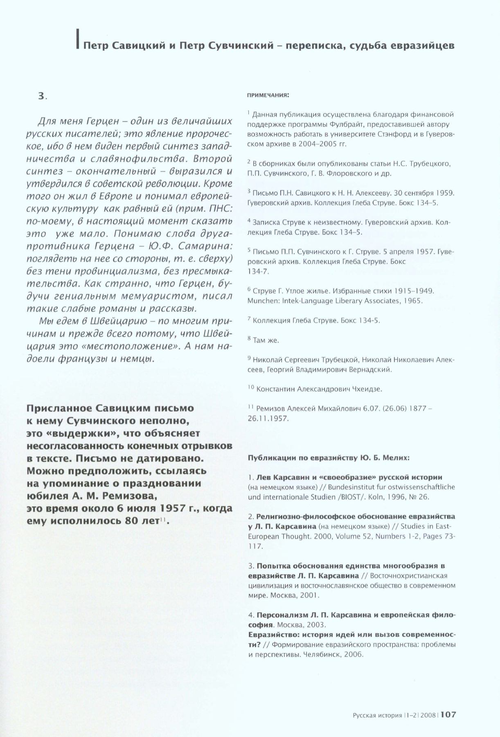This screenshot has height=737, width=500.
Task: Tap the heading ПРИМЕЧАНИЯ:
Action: coord(268,96)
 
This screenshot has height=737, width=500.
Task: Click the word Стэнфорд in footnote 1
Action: coord(378,134)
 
